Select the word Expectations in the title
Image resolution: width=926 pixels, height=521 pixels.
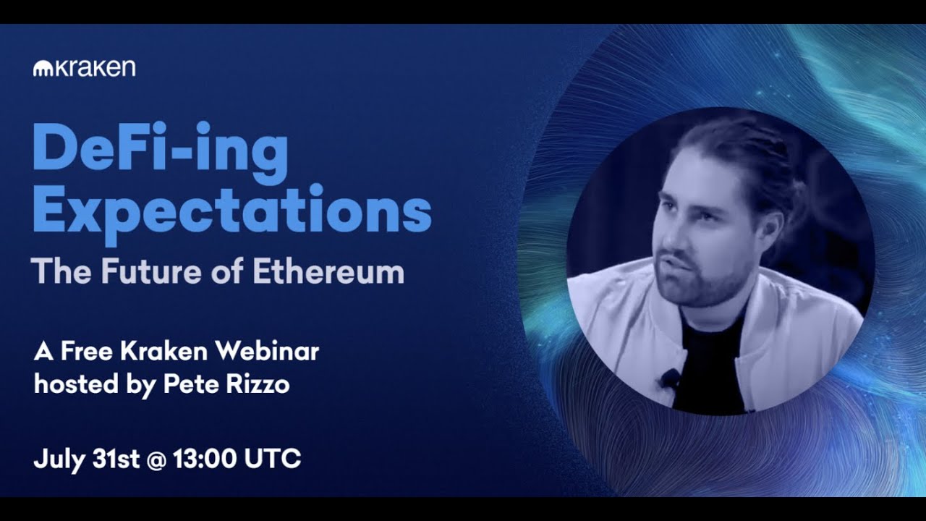(231, 209)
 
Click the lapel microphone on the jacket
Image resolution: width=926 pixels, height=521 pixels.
(671, 377)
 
